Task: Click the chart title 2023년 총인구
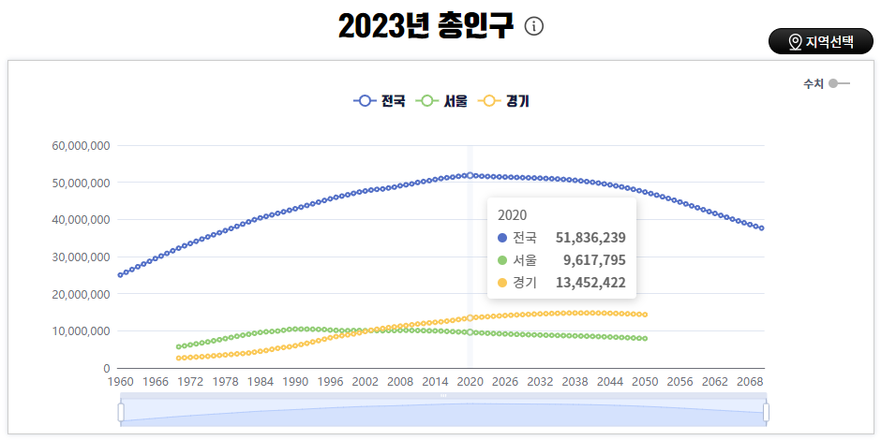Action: click(x=426, y=26)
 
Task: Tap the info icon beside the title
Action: click(x=534, y=26)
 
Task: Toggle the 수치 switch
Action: click(x=839, y=83)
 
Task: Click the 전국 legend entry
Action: click(x=380, y=101)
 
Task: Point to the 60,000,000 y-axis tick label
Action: click(x=82, y=145)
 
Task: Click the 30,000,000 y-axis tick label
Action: click(x=82, y=257)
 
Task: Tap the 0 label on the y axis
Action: click(x=107, y=368)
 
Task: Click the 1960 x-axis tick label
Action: click(x=121, y=382)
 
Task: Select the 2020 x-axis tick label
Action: click(x=470, y=382)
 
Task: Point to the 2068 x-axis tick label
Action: click(x=750, y=382)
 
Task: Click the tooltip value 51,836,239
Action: click(x=590, y=238)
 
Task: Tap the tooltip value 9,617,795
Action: click(x=594, y=260)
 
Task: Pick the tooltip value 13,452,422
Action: click(x=590, y=283)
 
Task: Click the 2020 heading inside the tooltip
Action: click(x=513, y=213)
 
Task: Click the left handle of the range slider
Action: click(x=121, y=412)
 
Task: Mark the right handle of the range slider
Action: click(x=766, y=412)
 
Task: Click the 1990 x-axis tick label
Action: click(x=295, y=382)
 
